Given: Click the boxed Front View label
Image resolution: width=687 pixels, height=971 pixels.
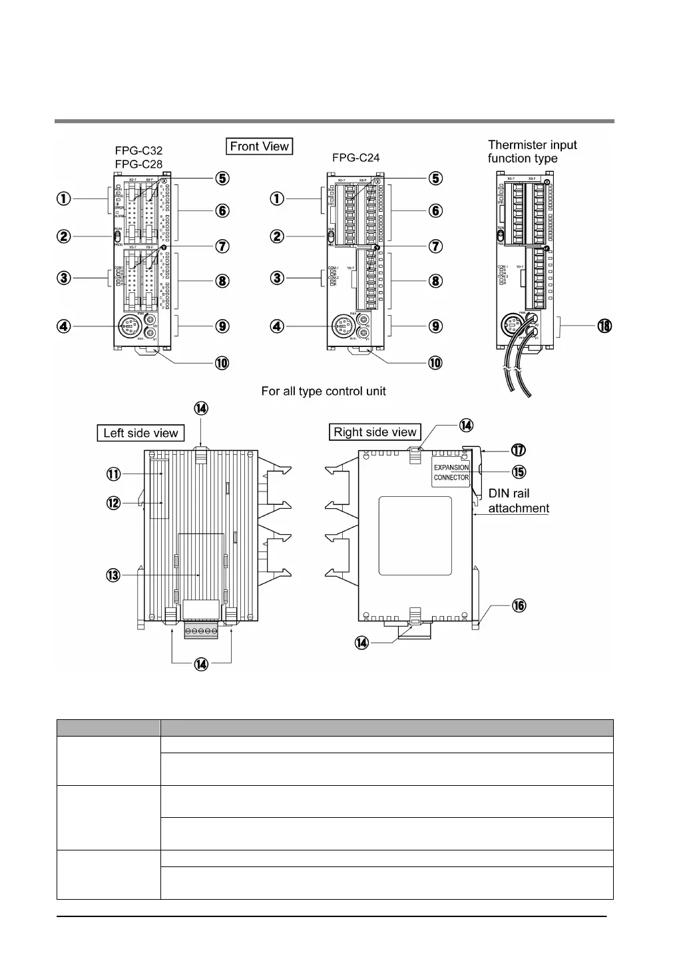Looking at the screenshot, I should [260, 147].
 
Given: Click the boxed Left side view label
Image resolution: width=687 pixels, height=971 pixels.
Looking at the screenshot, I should [140, 433].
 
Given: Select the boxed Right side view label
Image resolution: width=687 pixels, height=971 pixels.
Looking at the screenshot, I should [375, 432].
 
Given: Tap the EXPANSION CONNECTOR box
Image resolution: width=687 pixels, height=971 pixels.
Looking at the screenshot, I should [451, 472].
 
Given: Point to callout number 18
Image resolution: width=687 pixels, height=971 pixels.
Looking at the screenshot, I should [604, 326].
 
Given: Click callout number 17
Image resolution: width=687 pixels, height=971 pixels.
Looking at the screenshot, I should [519, 450].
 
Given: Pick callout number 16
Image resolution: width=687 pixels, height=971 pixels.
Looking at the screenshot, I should [519, 605].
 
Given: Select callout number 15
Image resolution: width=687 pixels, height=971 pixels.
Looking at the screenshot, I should [519, 472].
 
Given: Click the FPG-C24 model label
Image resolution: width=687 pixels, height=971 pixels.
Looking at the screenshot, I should [355, 158].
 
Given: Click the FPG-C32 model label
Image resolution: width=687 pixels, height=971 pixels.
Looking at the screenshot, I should [138, 151].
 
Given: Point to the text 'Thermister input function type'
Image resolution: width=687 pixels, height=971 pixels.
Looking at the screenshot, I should [532, 151].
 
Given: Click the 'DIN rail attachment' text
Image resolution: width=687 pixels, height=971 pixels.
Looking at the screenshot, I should [519, 501].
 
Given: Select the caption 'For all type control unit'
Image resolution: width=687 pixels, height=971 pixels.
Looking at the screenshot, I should [324, 391].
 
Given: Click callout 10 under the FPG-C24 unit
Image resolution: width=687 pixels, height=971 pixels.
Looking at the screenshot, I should [435, 363].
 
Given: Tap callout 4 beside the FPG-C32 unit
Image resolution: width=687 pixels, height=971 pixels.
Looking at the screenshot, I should [63, 326].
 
